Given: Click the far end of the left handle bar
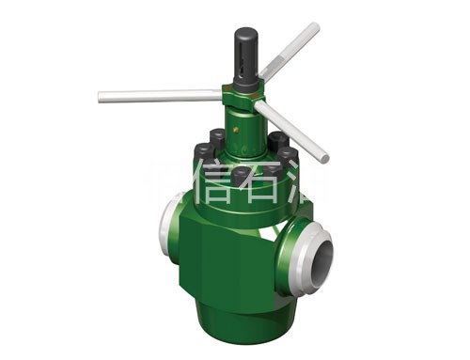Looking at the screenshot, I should (102, 96).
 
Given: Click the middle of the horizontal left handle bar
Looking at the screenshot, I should (160, 95).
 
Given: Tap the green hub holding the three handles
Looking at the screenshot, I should (240, 98).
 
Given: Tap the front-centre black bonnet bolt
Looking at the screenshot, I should (242, 175).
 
